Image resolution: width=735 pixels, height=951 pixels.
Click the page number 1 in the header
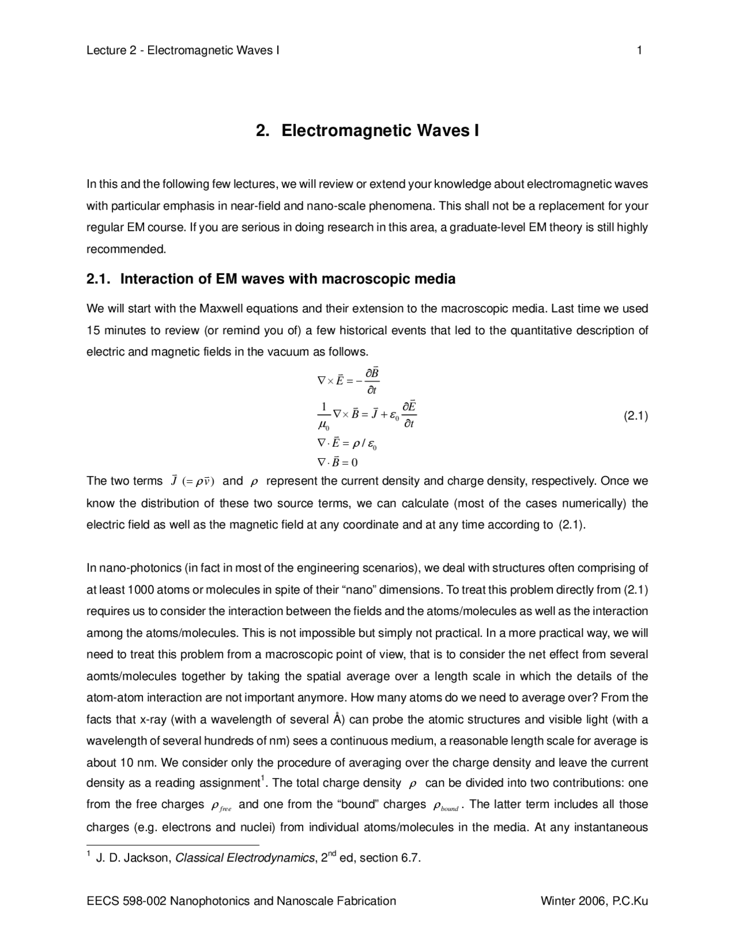639,51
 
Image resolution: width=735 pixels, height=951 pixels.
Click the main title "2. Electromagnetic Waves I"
367,131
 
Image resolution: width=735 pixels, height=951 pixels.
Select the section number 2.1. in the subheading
99,279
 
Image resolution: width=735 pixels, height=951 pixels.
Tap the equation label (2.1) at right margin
636,416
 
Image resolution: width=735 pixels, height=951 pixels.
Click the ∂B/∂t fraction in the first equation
372,381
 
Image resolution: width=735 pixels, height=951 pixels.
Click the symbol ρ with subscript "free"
221,806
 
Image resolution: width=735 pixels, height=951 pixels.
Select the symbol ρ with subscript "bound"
446,806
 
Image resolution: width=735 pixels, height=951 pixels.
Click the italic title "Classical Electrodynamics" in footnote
245,858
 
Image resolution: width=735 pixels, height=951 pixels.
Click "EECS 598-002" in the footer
126,900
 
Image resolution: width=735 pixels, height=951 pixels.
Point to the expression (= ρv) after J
198,481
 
